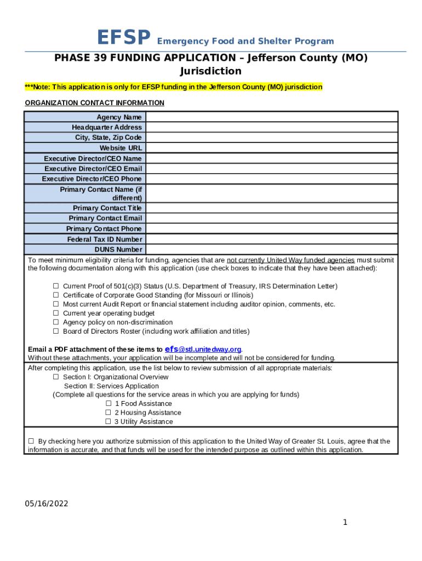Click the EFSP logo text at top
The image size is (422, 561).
pyautogui.click(x=123, y=38)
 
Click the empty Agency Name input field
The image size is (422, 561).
pyautogui.click(x=271, y=117)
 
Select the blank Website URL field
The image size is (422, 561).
pyautogui.click(x=271, y=148)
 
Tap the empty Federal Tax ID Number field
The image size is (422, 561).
pyautogui.click(x=271, y=239)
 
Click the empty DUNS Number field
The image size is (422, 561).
pyautogui.click(x=271, y=249)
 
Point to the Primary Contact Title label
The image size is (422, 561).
pyautogui.click(x=107, y=208)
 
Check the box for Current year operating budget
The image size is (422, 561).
pyautogui.click(x=56, y=313)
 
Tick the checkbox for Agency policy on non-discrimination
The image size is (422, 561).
pyautogui.click(x=56, y=322)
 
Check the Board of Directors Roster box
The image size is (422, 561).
pyautogui.click(x=56, y=331)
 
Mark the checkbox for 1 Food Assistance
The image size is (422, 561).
pyautogui.click(x=108, y=404)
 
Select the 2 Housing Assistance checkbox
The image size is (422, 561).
pyautogui.click(x=108, y=413)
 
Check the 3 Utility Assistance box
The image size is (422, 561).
pyautogui.click(x=108, y=422)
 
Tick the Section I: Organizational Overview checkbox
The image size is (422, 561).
pyautogui.click(x=56, y=377)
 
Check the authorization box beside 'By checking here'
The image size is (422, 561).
pyautogui.click(x=31, y=441)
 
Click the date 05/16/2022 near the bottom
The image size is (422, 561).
pyautogui.click(x=47, y=504)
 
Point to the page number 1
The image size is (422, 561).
pyautogui.click(x=345, y=522)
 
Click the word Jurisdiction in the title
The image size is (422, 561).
pyautogui.click(x=210, y=71)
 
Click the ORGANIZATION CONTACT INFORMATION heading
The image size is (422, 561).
pyautogui.click(x=95, y=103)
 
